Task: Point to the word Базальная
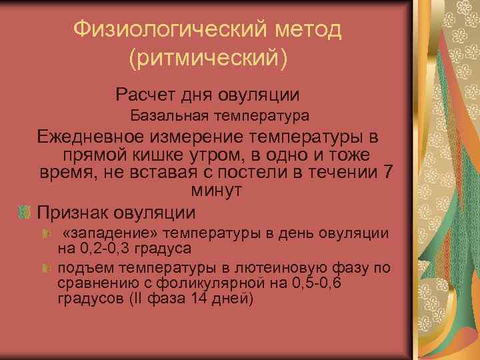tap(167, 115)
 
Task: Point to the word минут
tap(217, 189)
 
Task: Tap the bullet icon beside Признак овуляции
tap(24, 213)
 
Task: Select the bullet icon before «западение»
tap(47, 235)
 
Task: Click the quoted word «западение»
tap(113, 234)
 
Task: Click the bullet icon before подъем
tap(47, 268)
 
